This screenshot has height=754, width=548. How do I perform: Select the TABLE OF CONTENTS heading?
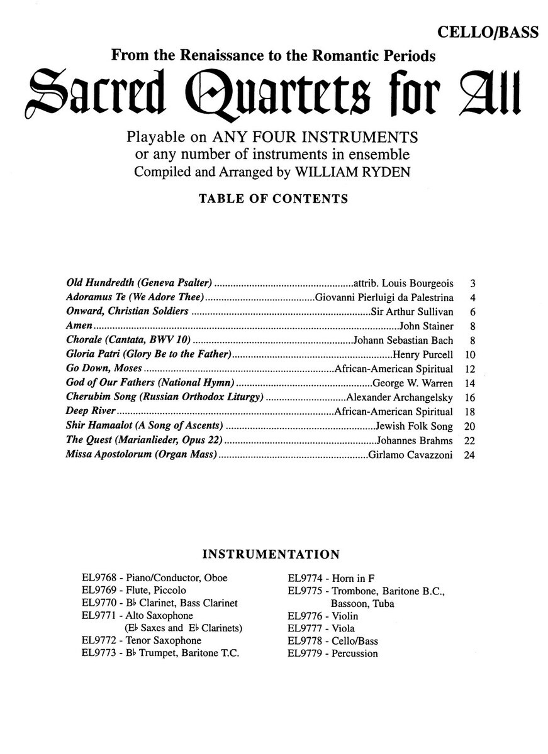tap(274, 199)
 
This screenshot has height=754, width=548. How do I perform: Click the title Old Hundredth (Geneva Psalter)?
tap(139, 284)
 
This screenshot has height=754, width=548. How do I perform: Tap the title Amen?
tap(79, 325)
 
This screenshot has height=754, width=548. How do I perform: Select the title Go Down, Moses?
tap(104, 369)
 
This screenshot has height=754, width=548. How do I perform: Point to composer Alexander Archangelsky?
tap(399, 398)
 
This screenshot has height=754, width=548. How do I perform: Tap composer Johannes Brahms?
tap(414, 440)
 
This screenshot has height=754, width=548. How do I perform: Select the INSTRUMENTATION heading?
tap(271, 554)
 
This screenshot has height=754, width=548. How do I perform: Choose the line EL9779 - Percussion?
tap(333, 653)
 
